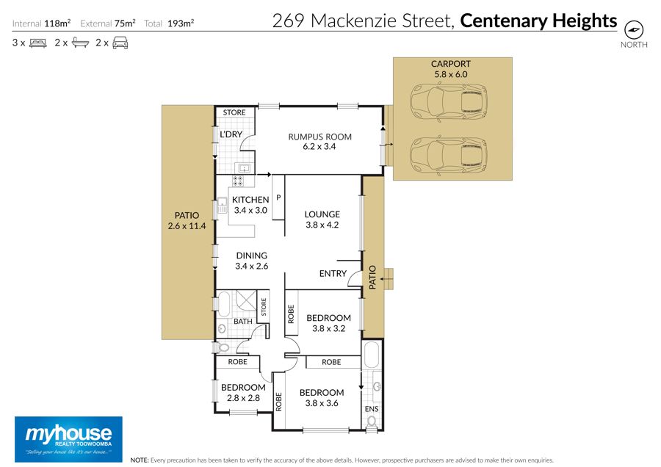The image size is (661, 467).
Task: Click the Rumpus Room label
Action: [319, 142]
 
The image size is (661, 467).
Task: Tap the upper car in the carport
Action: [449, 101]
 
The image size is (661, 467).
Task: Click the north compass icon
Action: [634, 29]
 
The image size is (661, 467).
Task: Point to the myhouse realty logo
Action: [69, 439]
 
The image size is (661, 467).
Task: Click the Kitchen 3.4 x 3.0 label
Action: [250, 205]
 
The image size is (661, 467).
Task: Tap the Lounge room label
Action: [322, 220]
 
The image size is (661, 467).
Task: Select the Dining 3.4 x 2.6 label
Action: [252, 261]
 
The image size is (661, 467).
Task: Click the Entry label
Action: [333, 274]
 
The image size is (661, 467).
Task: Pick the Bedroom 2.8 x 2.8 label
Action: [243, 392]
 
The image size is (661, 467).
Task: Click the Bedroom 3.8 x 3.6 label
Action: [322, 397]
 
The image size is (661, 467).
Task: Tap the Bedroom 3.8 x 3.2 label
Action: [328, 323]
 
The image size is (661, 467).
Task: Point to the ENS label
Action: [372, 409]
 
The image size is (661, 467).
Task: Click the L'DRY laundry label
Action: [231, 134]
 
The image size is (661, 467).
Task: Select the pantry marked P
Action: [278, 198]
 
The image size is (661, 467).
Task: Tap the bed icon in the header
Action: [38, 43]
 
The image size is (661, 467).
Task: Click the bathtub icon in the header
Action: [80, 43]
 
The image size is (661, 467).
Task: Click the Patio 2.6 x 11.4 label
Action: [187, 220]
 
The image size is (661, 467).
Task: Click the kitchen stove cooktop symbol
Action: [238, 181]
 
